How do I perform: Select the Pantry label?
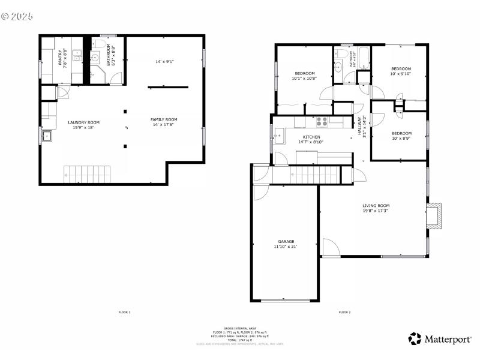[60, 58]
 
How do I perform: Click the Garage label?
[286, 242]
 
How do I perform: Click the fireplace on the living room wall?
[435, 215]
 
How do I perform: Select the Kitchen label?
[311, 137]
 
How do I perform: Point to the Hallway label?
[360, 127]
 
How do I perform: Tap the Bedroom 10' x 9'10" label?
[401, 68]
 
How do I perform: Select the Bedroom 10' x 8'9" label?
[401, 133]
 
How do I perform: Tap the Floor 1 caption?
[124, 312]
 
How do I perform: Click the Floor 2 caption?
[344, 312]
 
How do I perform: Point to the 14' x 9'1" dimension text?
[164, 61]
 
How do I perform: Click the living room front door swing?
[329, 248]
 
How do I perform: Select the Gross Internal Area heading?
[240, 329]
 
